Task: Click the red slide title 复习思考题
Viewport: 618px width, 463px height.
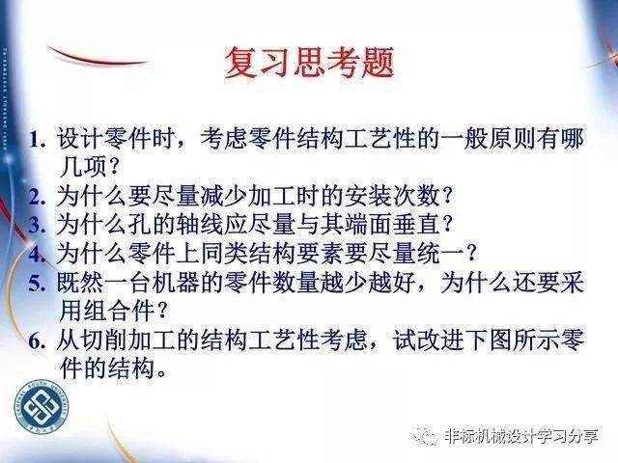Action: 309,62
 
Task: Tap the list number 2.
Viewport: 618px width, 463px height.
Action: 37,197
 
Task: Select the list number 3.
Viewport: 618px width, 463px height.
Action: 37,225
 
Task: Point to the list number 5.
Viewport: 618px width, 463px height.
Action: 37,283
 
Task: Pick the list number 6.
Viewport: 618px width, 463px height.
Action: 37,340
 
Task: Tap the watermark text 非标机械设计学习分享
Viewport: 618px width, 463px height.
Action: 520,436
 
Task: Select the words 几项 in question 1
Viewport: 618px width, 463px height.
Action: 83,167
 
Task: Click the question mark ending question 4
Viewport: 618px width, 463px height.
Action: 470,254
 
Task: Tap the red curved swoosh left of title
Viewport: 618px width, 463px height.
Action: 97,58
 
